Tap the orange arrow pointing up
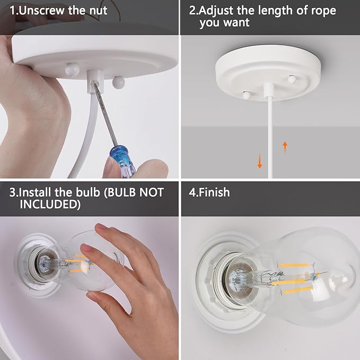(x=285, y=147)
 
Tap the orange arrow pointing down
(x=260, y=161)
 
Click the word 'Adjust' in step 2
(x=216, y=11)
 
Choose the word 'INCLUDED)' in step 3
(x=50, y=204)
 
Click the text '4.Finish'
(x=209, y=192)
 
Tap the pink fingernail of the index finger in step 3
(x=101, y=227)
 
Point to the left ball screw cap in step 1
(x=72, y=69)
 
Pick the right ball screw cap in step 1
(x=118, y=82)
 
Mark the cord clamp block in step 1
(x=95, y=81)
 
